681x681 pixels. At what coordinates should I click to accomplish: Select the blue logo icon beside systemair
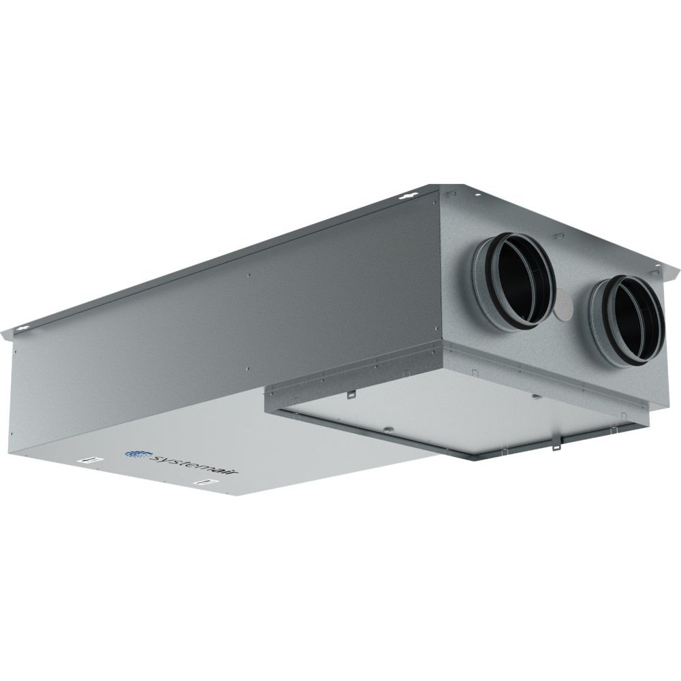[138, 451]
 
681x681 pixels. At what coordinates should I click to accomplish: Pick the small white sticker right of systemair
[204, 482]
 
